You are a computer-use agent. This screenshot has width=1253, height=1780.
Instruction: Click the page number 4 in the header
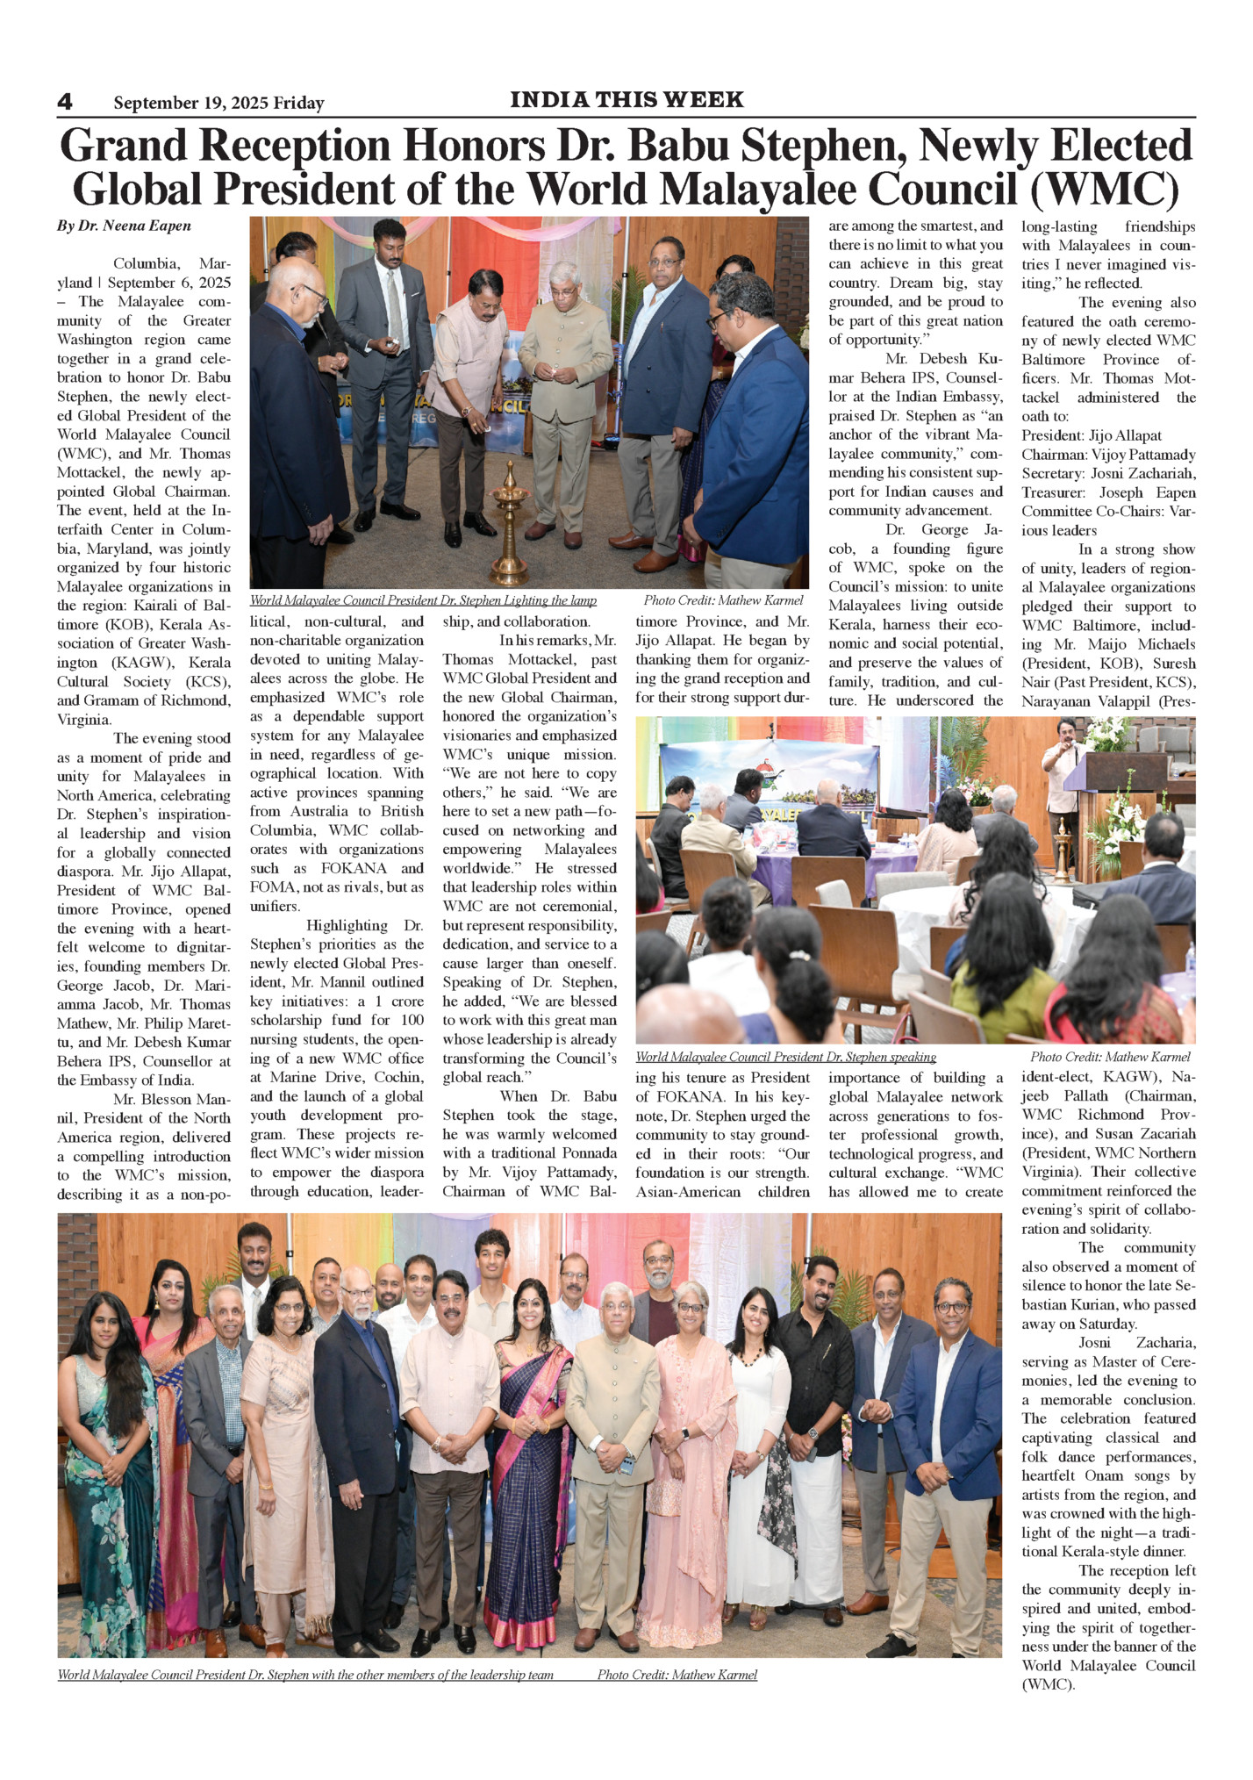point(65,102)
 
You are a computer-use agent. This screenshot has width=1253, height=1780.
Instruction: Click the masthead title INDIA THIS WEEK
point(626,100)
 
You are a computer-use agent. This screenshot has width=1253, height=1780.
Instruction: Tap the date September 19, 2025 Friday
point(218,104)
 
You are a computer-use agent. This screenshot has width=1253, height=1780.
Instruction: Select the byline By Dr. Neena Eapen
point(124,226)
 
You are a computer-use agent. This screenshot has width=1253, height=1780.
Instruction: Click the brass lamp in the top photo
point(510,535)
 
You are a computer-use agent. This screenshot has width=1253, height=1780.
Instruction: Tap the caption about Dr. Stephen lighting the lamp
point(423,600)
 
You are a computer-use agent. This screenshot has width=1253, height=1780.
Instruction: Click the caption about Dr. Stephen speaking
point(785,1057)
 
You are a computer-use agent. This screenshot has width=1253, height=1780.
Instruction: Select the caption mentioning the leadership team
point(305,1675)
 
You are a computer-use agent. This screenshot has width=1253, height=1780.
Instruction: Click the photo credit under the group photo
point(677,1675)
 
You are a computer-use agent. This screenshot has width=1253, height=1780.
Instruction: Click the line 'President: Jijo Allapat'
point(1091,435)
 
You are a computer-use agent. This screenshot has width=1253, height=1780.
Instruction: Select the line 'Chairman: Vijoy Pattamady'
point(1107,455)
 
